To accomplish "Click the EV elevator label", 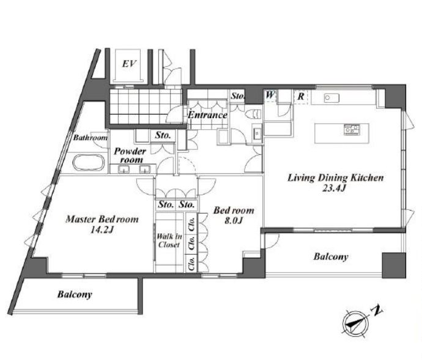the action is point(129,64).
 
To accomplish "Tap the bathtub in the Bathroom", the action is point(89,162).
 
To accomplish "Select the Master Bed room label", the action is point(102,219).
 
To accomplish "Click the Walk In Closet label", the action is point(169,241).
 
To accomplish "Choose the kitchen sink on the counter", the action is point(331,97).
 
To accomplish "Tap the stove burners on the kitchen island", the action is point(352,129).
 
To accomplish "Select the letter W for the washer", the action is point(270,95).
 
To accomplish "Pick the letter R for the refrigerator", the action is point(301,96).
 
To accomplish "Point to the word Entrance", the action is point(207,115).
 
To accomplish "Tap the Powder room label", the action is point(130,156).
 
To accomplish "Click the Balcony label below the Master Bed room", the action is point(75,294).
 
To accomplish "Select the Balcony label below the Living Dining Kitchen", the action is point(331,257).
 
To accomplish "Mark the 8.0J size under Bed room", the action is point(234,220).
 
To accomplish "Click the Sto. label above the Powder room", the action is point(163,135).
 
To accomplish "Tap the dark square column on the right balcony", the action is point(394,265).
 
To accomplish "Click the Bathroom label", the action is point(91,138).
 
